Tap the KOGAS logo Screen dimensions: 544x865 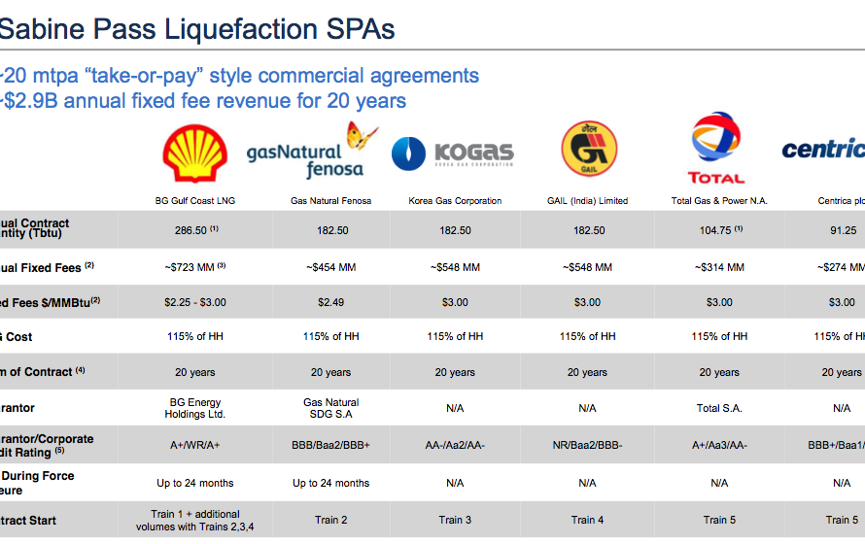453,153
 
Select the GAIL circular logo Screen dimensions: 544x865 588,150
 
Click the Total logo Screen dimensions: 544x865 716,149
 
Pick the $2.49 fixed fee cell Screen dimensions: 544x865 330,302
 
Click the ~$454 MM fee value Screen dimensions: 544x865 330,267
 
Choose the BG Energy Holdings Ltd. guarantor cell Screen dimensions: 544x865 195,408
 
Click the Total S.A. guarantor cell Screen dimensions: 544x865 719,408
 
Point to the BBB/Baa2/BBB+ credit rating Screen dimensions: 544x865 330,444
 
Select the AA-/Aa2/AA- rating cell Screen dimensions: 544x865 455,444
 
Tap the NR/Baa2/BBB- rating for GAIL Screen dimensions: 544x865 587,444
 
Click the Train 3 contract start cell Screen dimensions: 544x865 455,520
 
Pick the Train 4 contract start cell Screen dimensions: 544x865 587,520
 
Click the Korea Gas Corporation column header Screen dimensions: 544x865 455,201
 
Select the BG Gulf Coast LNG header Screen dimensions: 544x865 195,201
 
